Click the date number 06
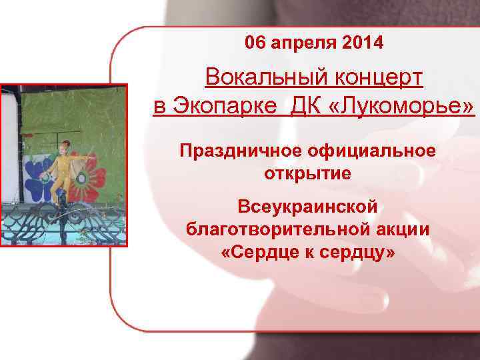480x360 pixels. tap(255, 44)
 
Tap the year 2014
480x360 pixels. tap(362, 44)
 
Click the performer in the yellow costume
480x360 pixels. tap(61, 167)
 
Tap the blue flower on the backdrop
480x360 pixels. tap(38, 175)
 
